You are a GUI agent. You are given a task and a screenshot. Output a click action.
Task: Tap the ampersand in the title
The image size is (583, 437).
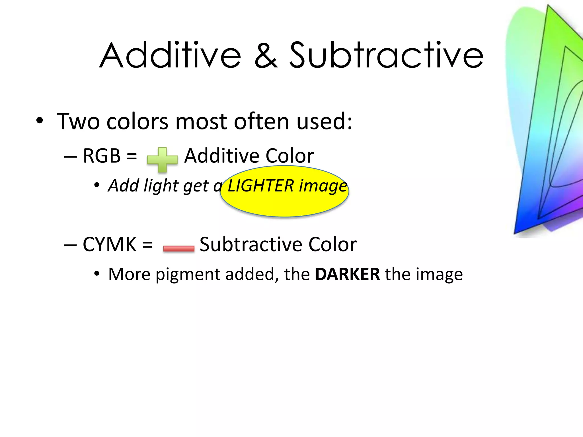pos(265,55)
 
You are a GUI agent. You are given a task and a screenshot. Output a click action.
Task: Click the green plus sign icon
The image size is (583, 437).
pos(162,160)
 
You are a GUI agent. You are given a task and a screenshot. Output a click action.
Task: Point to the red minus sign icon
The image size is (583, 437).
pos(179,248)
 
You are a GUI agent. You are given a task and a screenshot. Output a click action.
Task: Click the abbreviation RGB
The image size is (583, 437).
pos(102,156)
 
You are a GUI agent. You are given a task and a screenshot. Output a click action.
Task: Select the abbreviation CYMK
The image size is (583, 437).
pos(109,244)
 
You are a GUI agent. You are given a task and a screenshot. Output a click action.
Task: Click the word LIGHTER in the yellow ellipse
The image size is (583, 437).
pos(260,186)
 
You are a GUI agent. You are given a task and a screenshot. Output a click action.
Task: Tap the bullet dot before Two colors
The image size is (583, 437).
pos(40,121)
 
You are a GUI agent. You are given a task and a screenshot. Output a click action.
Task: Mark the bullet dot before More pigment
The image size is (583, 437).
pos(97,274)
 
